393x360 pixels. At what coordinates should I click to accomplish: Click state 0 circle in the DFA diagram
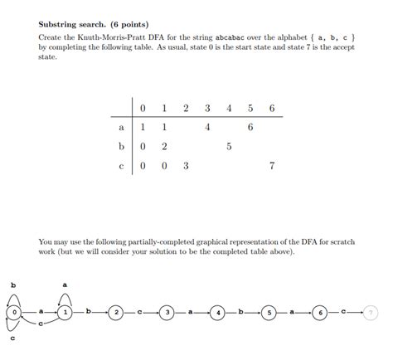[x=15, y=312]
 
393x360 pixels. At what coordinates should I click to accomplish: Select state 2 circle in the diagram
[x=117, y=312]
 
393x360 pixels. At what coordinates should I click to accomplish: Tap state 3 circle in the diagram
[x=167, y=312]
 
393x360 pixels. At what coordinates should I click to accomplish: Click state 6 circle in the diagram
[x=319, y=312]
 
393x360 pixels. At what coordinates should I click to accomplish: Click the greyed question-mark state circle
[x=370, y=312]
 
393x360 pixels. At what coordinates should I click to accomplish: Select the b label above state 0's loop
[x=13, y=285]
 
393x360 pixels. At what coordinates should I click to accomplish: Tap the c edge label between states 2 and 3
[x=142, y=312]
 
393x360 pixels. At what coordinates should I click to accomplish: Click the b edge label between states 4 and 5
[x=243, y=312]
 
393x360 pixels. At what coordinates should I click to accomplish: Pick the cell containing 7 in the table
[x=272, y=165]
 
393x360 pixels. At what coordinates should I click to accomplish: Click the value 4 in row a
[x=207, y=127]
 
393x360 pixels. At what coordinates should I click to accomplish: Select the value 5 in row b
[x=229, y=146]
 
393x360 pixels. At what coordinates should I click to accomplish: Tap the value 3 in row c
[x=186, y=165]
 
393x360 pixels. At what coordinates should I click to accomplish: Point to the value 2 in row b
[x=164, y=146]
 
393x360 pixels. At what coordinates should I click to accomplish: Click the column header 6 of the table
[x=272, y=108]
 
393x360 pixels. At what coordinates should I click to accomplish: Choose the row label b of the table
[x=122, y=146]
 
